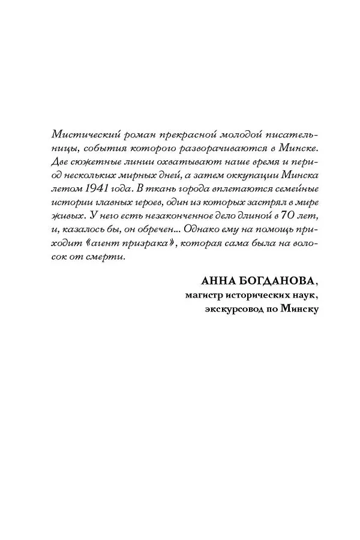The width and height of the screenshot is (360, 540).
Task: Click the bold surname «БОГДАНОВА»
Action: pos(274,296)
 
